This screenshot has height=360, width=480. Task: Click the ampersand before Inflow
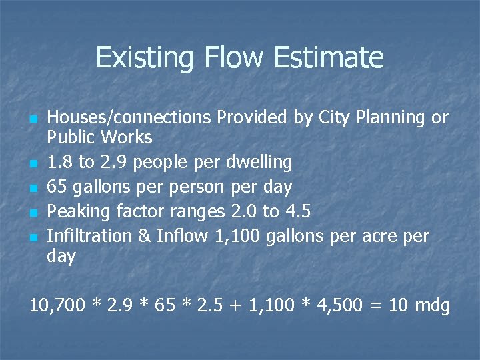144,236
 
